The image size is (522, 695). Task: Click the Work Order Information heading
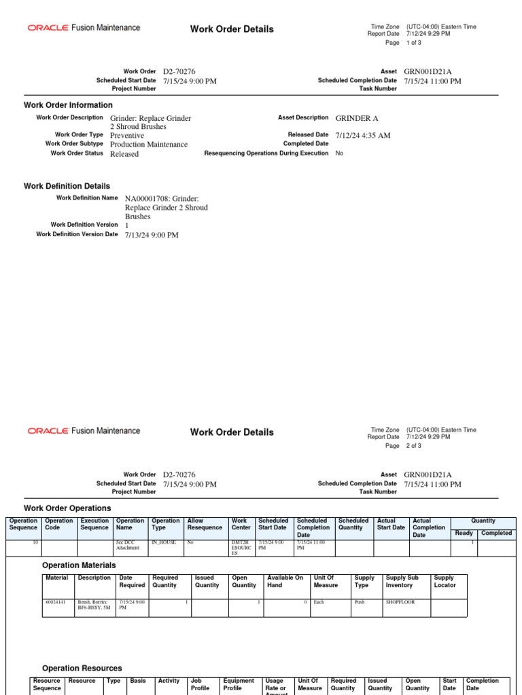(68, 105)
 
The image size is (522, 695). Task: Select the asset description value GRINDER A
(357, 118)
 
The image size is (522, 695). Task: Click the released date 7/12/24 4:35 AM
(363, 136)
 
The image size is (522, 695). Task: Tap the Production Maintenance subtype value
(149, 145)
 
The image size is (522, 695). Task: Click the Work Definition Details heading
(67, 186)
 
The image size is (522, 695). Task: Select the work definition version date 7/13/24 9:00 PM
(152, 235)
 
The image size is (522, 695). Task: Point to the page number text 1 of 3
(414, 43)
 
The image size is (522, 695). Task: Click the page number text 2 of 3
(414, 446)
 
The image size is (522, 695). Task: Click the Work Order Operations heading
(67, 508)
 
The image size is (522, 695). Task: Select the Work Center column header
(240, 524)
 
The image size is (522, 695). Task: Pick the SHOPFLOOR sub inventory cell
(400, 602)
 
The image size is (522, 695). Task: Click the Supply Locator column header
(445, 581)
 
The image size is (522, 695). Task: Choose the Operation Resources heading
(82, 669)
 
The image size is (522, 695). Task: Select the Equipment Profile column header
(239, 684)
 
